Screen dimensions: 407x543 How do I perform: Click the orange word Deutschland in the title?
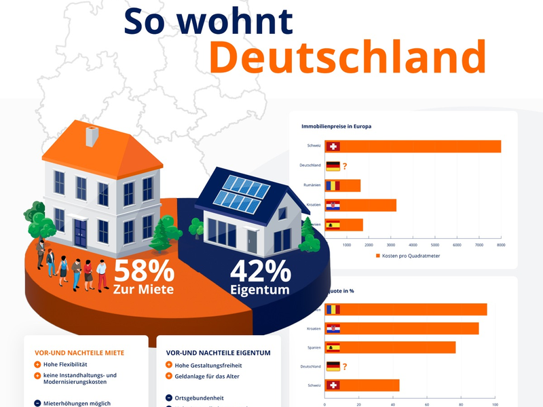click(x=348, y=57)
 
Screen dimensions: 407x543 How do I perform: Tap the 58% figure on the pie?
click(x=143, y=271)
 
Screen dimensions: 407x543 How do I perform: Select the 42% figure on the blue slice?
click(x=260, y=271)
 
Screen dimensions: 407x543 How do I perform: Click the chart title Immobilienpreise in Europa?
click(x=336, y=126)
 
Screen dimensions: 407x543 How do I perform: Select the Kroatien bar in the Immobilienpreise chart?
click(x=360, y=206)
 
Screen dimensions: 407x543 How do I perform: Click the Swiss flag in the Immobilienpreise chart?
click(x=333, y=147)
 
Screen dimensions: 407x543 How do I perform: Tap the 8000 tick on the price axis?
click(x=501, y=245)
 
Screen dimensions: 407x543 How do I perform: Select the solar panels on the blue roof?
click(x=238, y=193)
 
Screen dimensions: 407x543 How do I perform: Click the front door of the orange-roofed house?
click(x=81, y=232)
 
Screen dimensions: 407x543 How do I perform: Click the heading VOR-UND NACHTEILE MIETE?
click(x=79, y=353)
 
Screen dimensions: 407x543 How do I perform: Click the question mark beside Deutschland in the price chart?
click(x=345, y=166)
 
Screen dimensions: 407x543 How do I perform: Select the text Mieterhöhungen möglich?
click(x=77, y=403)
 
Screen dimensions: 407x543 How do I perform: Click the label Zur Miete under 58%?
click(x=143, y=290)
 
